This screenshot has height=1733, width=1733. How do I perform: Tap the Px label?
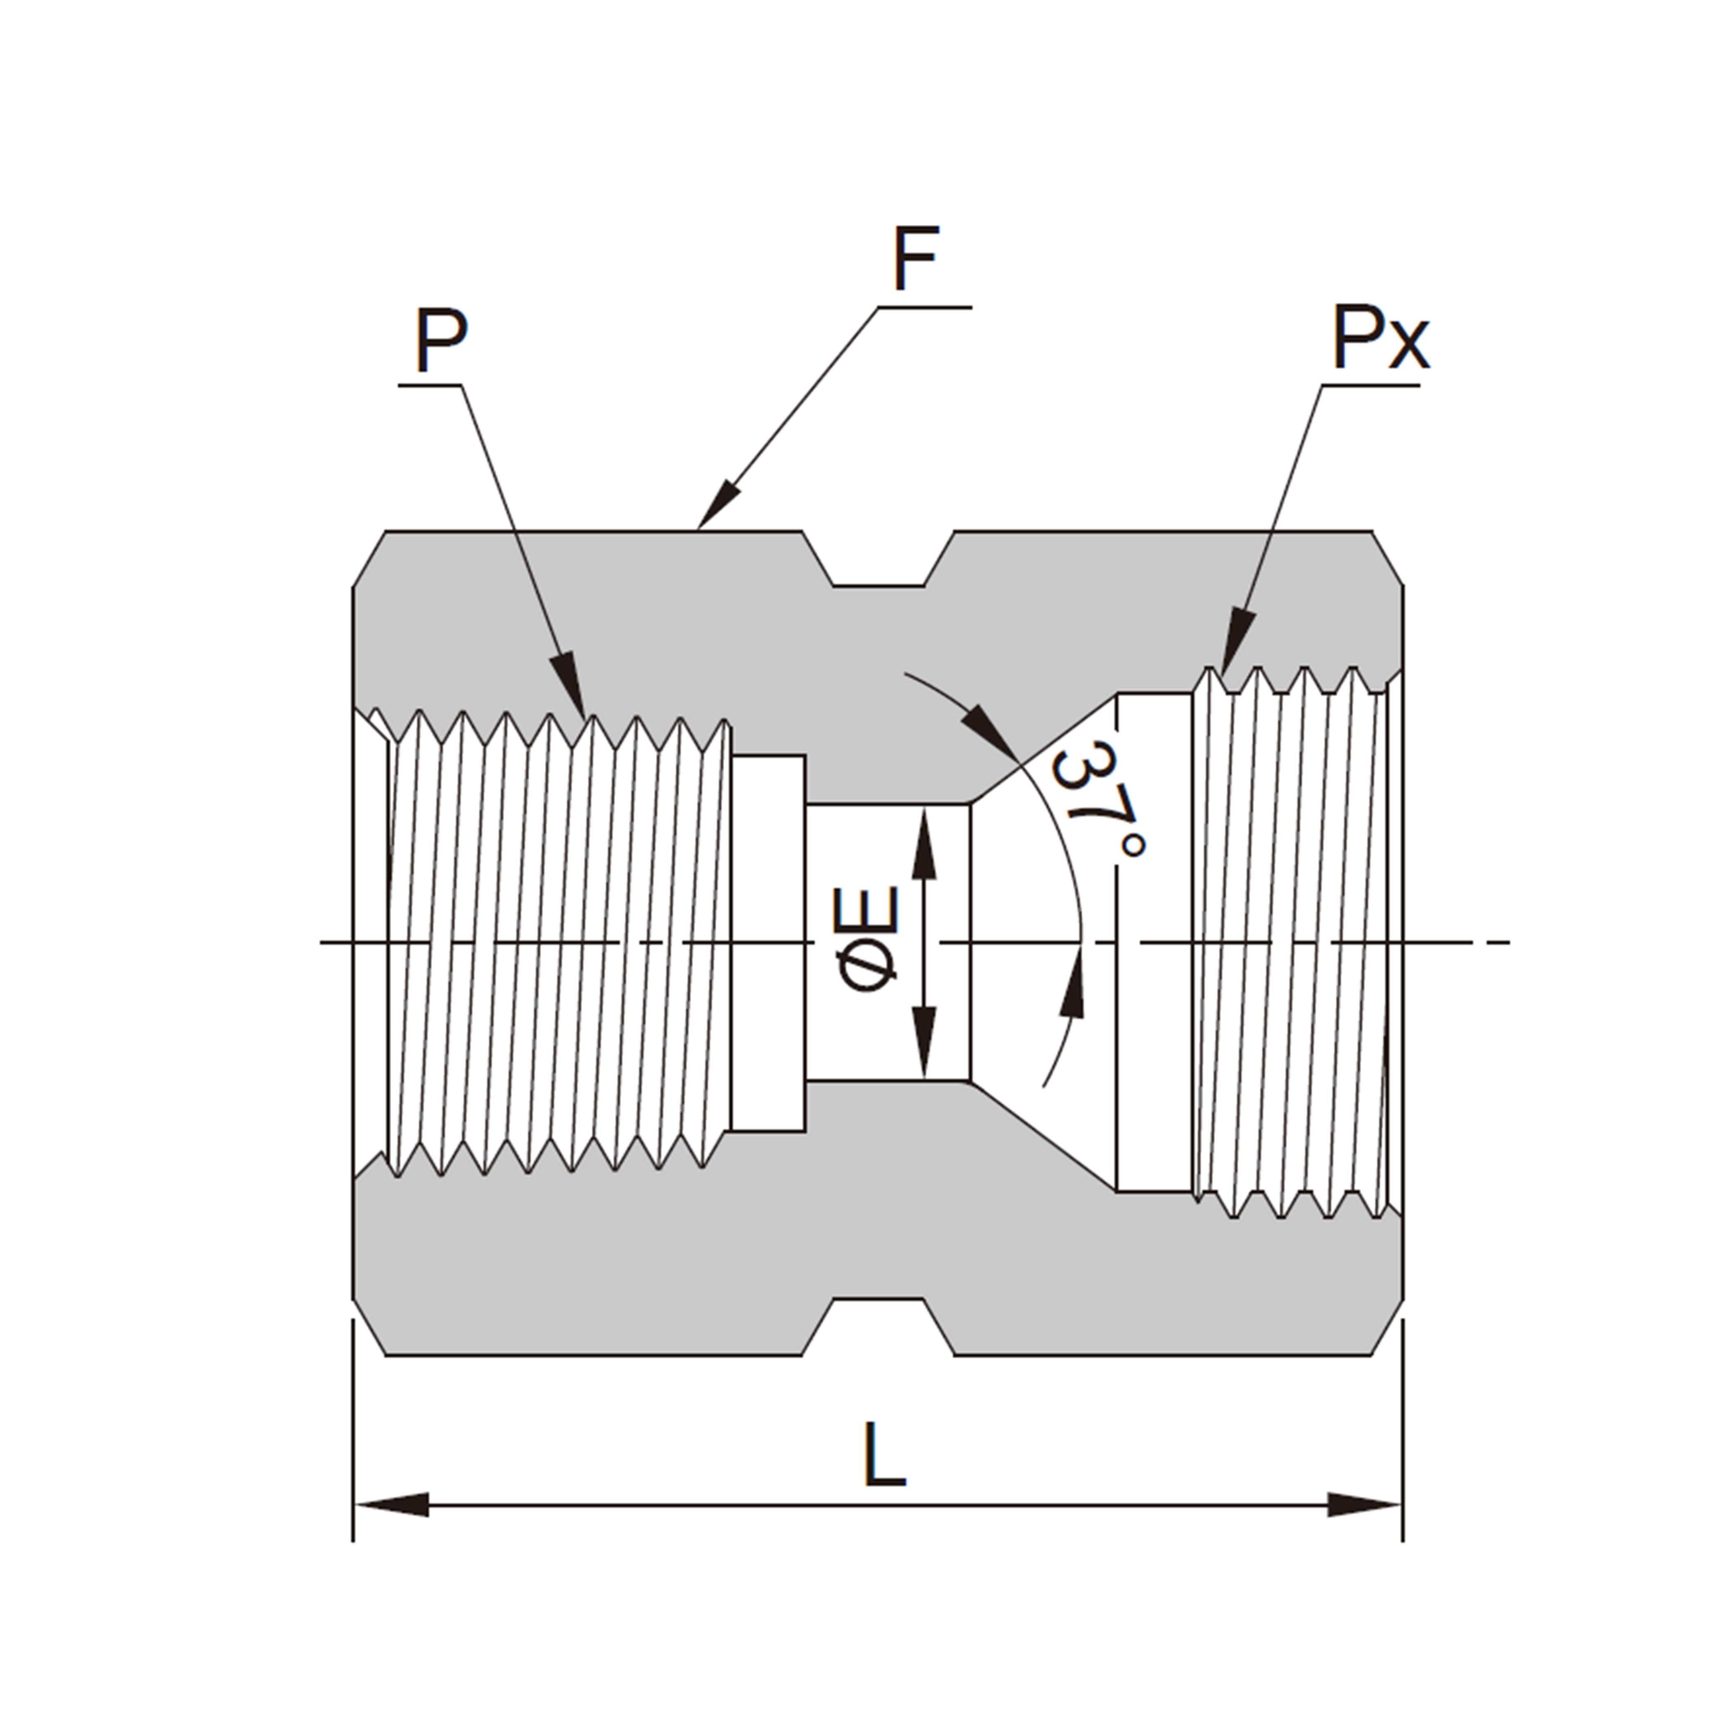(1379, 338)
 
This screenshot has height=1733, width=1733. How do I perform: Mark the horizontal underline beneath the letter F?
(924, 308)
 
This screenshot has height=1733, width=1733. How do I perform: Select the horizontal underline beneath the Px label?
(1371, 386)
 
